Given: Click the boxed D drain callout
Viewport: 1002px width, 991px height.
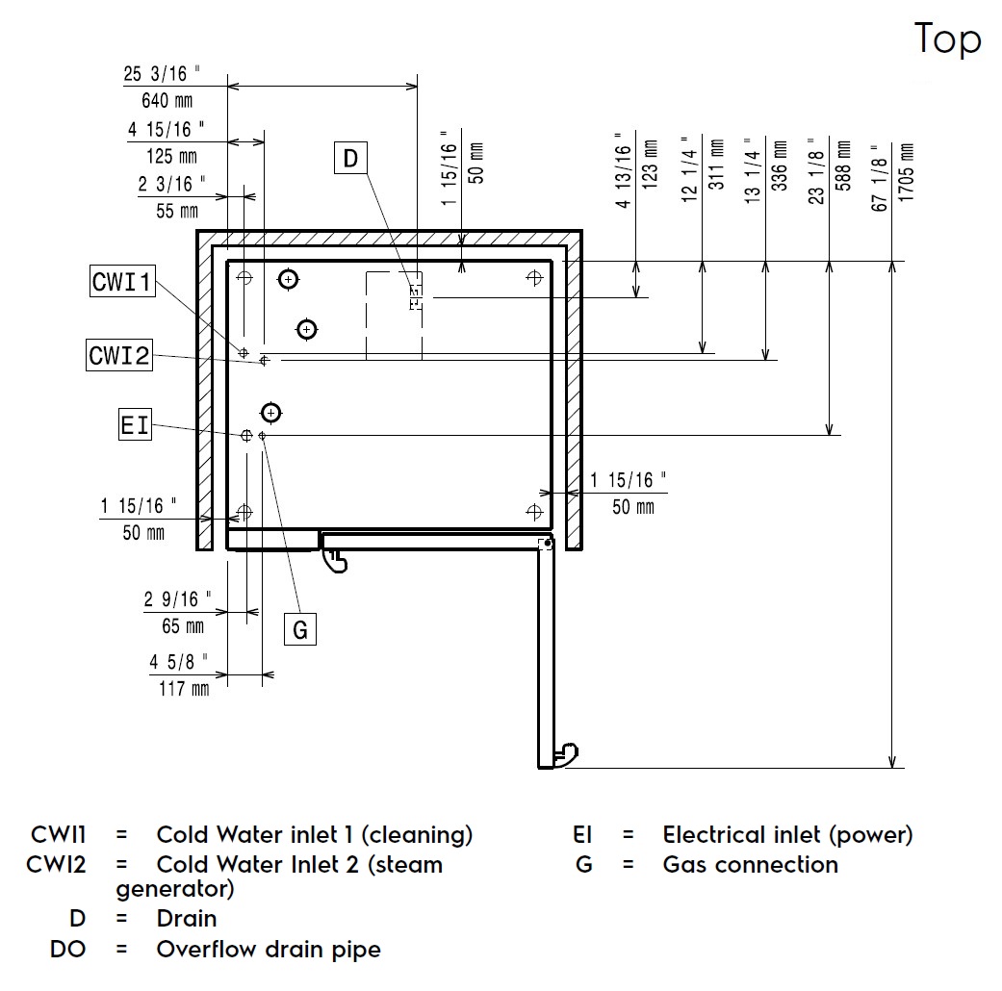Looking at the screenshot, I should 350,158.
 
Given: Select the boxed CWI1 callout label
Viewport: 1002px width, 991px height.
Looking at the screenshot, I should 121,282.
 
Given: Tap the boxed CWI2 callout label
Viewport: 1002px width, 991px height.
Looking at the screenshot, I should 119,355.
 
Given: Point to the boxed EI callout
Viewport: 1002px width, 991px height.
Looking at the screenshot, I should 135,424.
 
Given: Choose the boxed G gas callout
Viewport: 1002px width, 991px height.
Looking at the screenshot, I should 300,629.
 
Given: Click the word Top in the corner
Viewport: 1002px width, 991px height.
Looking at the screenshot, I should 947,39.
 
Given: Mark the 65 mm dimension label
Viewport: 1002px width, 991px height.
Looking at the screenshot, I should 182,626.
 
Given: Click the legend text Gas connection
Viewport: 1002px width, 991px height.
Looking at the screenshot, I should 750,864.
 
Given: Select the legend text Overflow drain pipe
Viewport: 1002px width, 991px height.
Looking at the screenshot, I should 269,950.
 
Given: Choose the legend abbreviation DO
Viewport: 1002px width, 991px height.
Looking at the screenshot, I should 68,950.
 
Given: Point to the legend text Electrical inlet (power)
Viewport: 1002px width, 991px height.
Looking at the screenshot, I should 787,835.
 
